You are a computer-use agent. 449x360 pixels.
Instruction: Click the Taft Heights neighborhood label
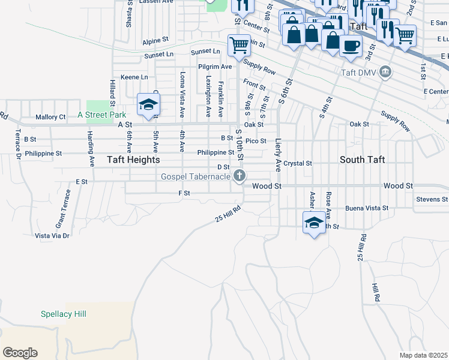[133, 160]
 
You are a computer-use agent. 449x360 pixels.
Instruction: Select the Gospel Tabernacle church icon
[240, 175]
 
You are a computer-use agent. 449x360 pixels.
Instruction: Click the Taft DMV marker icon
[386, 73]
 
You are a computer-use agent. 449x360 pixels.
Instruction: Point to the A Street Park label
[101, 115]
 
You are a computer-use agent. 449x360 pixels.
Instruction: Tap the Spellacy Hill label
[64, 314]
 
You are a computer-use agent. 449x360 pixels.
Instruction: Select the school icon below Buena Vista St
[313, 223]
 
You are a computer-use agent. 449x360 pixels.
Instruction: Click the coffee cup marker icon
[351, 44]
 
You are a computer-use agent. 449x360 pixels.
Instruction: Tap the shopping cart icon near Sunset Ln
[239, 44]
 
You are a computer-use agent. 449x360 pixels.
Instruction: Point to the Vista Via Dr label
[52, 236]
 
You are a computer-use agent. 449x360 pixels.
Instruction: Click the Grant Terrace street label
[64, 208]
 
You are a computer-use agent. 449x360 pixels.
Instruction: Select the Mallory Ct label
[50, 117]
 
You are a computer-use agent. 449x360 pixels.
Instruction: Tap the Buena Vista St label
[367, 209]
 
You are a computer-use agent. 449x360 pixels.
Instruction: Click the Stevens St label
[432, 199]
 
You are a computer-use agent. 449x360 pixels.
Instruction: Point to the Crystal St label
[298, 163]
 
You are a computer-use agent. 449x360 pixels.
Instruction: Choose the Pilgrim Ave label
[218, 67]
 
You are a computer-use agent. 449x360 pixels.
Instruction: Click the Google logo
[20, 353]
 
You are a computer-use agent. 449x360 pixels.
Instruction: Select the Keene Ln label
[134, 77]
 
